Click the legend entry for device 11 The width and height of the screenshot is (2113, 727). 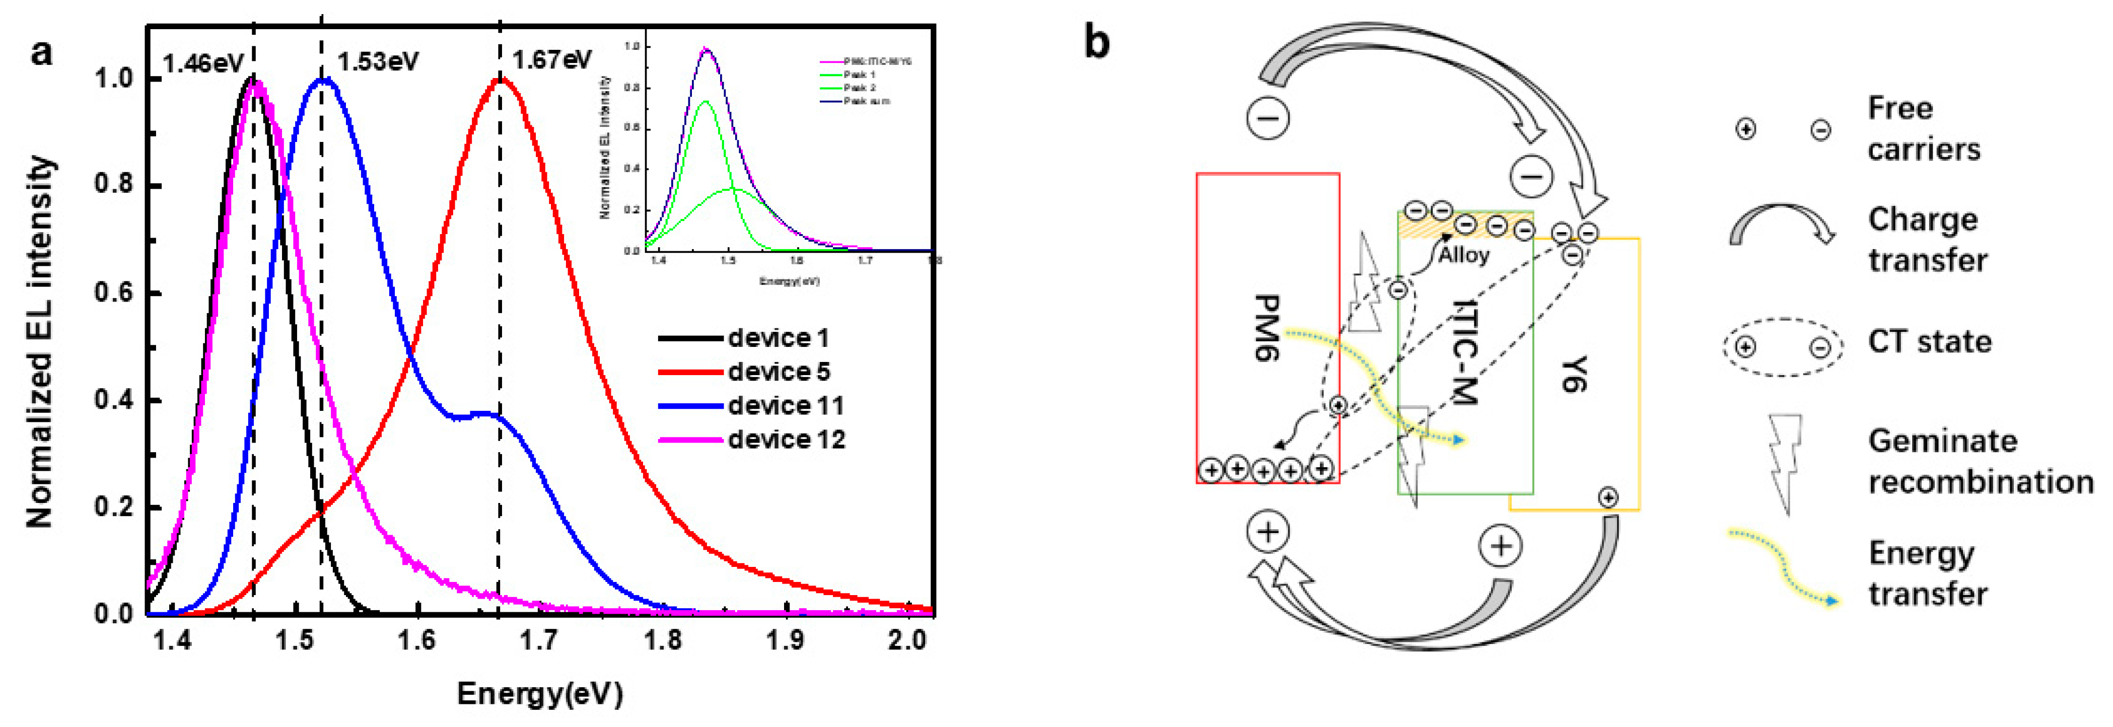[785, 405]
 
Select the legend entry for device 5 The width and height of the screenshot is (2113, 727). [779, 372]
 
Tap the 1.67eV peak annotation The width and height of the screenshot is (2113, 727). [551, 60]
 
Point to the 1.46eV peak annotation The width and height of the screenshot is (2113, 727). [202, 63]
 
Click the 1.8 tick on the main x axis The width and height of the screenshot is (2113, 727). [663, 640]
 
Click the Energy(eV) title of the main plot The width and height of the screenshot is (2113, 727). [540, 694]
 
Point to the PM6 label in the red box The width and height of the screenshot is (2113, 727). [1268, 328]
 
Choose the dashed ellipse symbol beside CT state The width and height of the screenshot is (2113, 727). [1783, 347]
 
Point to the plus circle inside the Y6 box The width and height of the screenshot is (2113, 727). [1608, 496]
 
